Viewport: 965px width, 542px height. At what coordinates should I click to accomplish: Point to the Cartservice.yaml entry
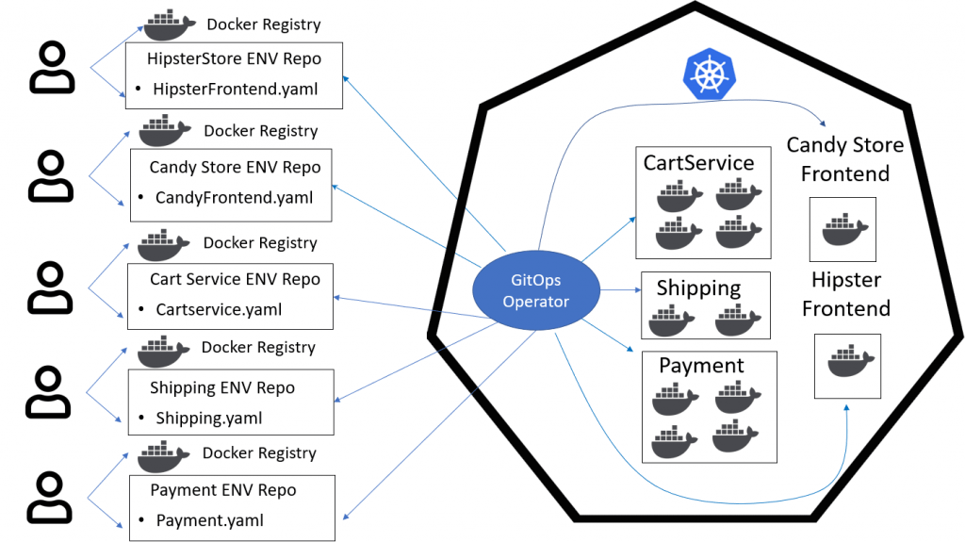click(219, 309)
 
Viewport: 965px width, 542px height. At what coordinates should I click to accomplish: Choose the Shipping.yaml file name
click(209, 418)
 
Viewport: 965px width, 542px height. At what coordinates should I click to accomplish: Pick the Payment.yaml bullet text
click(209, 520)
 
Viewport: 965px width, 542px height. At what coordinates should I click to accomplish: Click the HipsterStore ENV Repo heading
click(234, 58)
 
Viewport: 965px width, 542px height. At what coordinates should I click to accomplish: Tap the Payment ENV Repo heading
click(222, 490)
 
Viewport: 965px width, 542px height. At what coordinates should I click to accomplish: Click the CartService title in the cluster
click(698, 162)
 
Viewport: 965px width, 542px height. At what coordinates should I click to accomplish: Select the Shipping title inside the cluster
click(698, 288)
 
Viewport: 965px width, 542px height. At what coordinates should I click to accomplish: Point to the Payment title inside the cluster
click(701, 366)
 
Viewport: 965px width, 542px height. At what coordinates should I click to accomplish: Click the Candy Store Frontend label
click(844, 159)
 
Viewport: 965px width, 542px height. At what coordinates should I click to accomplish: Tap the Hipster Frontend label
click(845, 294)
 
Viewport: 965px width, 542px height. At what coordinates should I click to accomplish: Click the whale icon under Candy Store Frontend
click(842, 229)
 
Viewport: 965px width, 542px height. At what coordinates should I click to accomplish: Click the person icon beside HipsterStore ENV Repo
click(53, 67)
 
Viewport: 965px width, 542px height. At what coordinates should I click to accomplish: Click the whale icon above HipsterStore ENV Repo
click(170, 25)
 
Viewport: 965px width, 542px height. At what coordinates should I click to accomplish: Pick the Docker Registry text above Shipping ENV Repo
click(257, 348)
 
